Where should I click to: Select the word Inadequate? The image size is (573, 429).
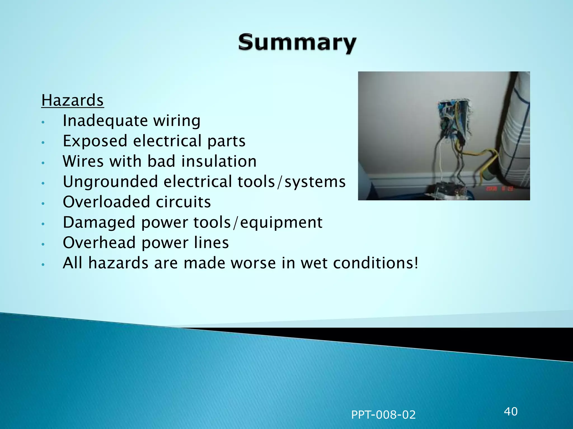pyautogui.click(x=105, y=121)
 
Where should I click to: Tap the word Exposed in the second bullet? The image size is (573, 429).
pyautogui.click(x=95, y=141)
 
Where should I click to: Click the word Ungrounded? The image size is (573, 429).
pyautogui.click(x=110, y=182)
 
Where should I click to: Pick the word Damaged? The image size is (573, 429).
pyautogui.click(x=99, y=223)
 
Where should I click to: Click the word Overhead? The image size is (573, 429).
pyautogui.click(x=99, y=242)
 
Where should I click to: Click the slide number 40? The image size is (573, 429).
pyautogui.click(x=511, y=411)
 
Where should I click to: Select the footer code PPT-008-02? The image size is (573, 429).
pyautogui.click(x=383, y=415)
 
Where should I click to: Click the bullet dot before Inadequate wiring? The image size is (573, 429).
pyautogui.click(x=43, y=122)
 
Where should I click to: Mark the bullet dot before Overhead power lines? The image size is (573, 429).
pyautogui.click(x=43, y=244)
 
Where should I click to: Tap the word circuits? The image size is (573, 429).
pyautogui.click(x=183, y=202)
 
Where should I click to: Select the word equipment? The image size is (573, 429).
pyautogui.click(x=281, y=223)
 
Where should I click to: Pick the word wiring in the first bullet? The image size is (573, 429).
pyautogui.click(x=177, y=121)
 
